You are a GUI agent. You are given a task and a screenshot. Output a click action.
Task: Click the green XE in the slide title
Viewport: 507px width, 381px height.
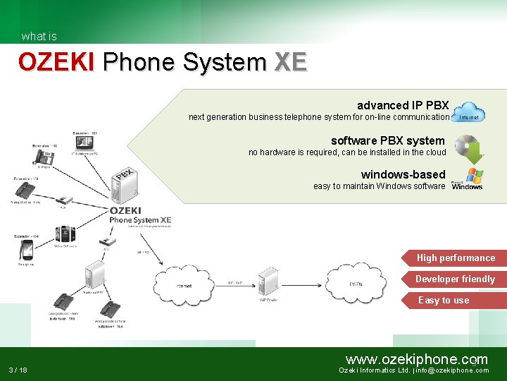click(290, 62)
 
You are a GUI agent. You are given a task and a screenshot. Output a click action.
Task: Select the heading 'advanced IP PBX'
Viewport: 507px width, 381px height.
click(403, 105)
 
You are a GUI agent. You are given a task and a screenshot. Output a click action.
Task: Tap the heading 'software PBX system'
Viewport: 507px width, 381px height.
click(388, 140)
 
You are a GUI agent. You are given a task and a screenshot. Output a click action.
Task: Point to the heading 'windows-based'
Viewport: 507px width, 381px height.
click(403, 174)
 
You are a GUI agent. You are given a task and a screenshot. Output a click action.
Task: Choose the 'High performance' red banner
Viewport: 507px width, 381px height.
click(455, 258)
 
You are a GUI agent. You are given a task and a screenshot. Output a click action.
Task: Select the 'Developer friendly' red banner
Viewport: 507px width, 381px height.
click(455, 279)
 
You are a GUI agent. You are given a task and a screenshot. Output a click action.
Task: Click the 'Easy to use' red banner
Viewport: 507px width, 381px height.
click(455, 300)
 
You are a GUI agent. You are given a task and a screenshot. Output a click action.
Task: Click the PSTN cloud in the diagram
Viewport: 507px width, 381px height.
click(356, 284)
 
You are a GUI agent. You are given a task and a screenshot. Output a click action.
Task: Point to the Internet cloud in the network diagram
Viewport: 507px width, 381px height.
click(184, 284)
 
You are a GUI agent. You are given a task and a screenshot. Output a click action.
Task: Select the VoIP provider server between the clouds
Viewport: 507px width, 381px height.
click(268, 282)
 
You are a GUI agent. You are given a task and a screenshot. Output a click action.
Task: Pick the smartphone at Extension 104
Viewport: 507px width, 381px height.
click(26, 250)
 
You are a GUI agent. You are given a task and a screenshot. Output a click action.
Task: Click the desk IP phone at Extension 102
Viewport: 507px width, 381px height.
click(43, 157)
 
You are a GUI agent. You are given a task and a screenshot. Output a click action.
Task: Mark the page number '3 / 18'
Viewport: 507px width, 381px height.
click(18, 370)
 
